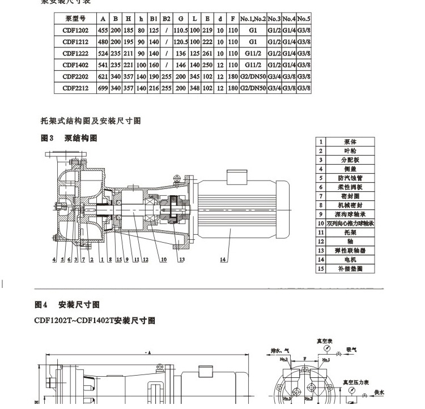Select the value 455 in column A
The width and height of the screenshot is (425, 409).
pos(103,30)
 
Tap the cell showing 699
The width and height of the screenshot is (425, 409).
pos(103,88)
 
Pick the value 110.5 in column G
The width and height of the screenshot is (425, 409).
pos(180,30)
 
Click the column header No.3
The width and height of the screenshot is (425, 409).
pos(274,19)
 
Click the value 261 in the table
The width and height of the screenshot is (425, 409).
pos(207,54)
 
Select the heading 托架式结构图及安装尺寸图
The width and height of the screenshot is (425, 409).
pos(90,120)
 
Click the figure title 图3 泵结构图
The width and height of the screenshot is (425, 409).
pos(69,138)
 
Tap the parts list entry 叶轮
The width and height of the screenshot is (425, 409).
pos(352,151)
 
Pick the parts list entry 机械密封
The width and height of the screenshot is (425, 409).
pos(352,205)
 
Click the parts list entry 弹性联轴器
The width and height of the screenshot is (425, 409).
pos(352,251)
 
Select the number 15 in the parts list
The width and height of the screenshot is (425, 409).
pos(321,269)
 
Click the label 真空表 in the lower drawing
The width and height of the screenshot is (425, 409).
pos(325,341)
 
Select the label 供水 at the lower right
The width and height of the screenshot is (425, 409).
pos(379,392)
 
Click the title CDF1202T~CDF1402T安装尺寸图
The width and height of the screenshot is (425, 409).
pos(95,321)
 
